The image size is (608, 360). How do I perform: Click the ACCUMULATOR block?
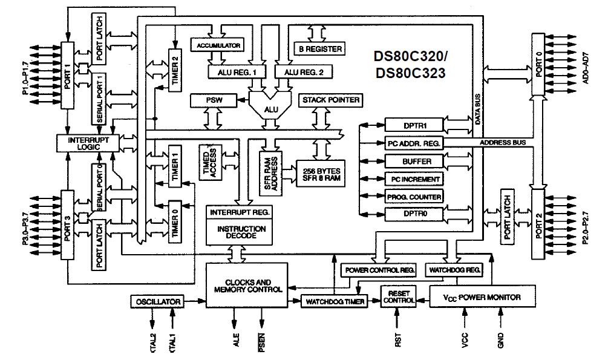pos(216,45)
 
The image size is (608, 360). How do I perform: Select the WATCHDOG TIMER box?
pos(335,301)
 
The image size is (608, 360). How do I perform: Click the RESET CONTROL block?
pos(398,296)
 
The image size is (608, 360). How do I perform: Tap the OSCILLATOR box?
pos(156,301)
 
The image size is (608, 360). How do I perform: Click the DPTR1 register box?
pos(414,125)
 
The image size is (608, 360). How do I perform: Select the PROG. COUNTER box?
pos(414,197)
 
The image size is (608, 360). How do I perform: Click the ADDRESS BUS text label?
pos(503,142)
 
